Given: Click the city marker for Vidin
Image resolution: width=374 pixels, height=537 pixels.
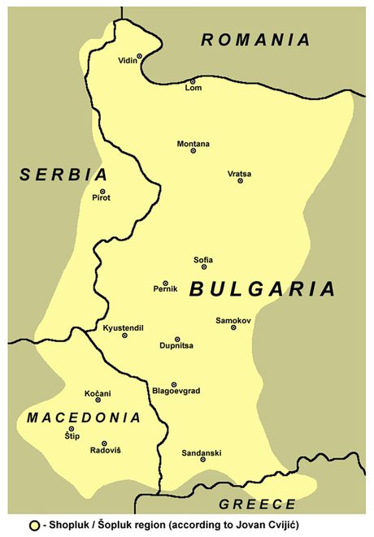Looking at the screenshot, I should point(139,56).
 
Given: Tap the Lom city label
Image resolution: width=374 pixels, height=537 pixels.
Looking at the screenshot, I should point(194,88).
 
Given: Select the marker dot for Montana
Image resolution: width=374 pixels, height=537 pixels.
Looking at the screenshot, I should point(194,150).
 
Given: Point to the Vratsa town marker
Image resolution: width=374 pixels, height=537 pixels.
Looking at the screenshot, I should point(240,180).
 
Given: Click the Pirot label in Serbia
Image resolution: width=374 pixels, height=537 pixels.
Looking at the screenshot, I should point(102,197).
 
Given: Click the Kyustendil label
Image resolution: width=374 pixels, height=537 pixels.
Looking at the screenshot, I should point(123,327).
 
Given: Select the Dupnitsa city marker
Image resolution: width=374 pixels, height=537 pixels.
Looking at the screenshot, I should point(177,339).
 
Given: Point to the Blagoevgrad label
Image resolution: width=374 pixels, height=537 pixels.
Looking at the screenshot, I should point(176,391).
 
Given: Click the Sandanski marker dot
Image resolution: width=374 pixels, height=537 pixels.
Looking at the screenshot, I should point(202,460).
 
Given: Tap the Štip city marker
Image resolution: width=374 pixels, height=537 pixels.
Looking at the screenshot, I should point(72,429).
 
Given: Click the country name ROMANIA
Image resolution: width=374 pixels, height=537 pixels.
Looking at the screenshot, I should point(256,39).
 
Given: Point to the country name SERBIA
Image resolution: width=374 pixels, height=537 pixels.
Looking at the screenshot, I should point(64,175).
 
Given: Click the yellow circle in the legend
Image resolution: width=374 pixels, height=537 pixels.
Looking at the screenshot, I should point(33,526).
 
